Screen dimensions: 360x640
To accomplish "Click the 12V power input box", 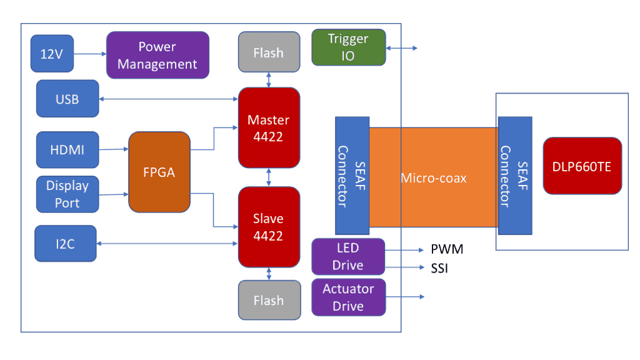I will [52, 54].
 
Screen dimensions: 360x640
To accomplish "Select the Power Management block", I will [157, 55].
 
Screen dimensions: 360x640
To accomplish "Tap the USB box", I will [67, 99].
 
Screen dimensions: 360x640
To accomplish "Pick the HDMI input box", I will [67, 150].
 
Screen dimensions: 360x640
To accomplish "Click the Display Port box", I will [67, 194].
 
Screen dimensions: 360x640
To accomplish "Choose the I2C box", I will [66, 244].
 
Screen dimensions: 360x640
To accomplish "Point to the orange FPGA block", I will [159, 172].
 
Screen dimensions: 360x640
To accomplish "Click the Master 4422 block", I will [269, 127].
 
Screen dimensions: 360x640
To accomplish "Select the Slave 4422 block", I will [269, 227].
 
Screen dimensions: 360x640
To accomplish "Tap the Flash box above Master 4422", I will [269, 53].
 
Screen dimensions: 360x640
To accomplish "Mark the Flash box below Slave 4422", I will [269, 301].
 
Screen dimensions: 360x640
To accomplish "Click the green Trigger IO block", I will [349, 47].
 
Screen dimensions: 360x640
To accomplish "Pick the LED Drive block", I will [348, 257].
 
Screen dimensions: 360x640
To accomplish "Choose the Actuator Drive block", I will [348, 297].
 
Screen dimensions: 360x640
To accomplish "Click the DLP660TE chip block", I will [582, 166].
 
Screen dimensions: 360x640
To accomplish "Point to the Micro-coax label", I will [434, 178].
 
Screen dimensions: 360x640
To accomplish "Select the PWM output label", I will [447, 250].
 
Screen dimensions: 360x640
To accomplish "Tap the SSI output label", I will [440, 269].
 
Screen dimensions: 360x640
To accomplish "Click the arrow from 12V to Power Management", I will [89, 54].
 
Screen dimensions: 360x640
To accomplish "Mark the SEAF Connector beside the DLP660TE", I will [515, 177].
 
